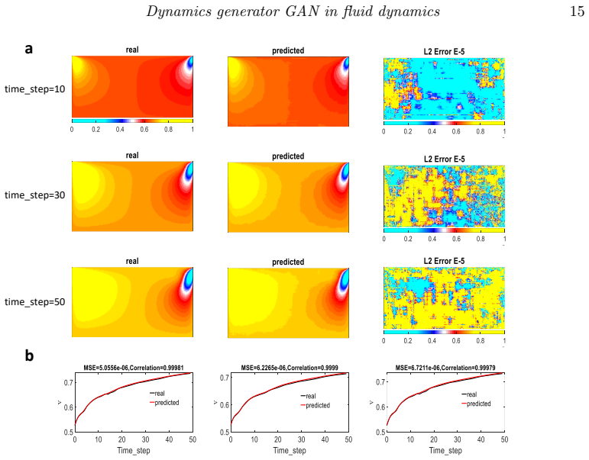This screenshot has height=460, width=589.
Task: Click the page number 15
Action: [x=578, y=11]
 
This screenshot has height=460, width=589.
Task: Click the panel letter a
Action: [x=28, y=49]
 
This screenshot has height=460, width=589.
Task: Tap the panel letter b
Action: [x=29, y=355]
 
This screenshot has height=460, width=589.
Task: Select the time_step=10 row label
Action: [x=34, y=89]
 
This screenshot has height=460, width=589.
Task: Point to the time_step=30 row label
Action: [x=34, y=195]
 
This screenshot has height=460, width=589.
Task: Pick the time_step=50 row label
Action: [x=34, y=302]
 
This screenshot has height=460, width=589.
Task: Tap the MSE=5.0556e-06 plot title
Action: [x=134, y=368]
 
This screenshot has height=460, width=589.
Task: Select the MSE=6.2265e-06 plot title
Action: [x=290, y=368]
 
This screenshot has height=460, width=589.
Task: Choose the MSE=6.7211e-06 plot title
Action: [x=445, y=368]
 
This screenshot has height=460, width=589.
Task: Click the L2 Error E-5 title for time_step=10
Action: [x=444, y=52]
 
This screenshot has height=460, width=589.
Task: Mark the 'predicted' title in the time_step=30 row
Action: [x=288, y=156]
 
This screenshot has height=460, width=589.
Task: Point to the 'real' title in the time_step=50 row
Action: [x=132, y=261]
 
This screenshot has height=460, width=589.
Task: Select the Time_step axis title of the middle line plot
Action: [x=290, y=451]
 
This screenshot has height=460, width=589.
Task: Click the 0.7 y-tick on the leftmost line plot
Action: [x=67, y=383]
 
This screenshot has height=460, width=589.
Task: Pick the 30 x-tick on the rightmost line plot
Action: [x=457, y=439]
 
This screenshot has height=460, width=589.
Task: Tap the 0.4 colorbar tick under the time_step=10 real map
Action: [x=120, y=130]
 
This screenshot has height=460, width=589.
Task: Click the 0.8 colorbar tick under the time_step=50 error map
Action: [x=481, y=341]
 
